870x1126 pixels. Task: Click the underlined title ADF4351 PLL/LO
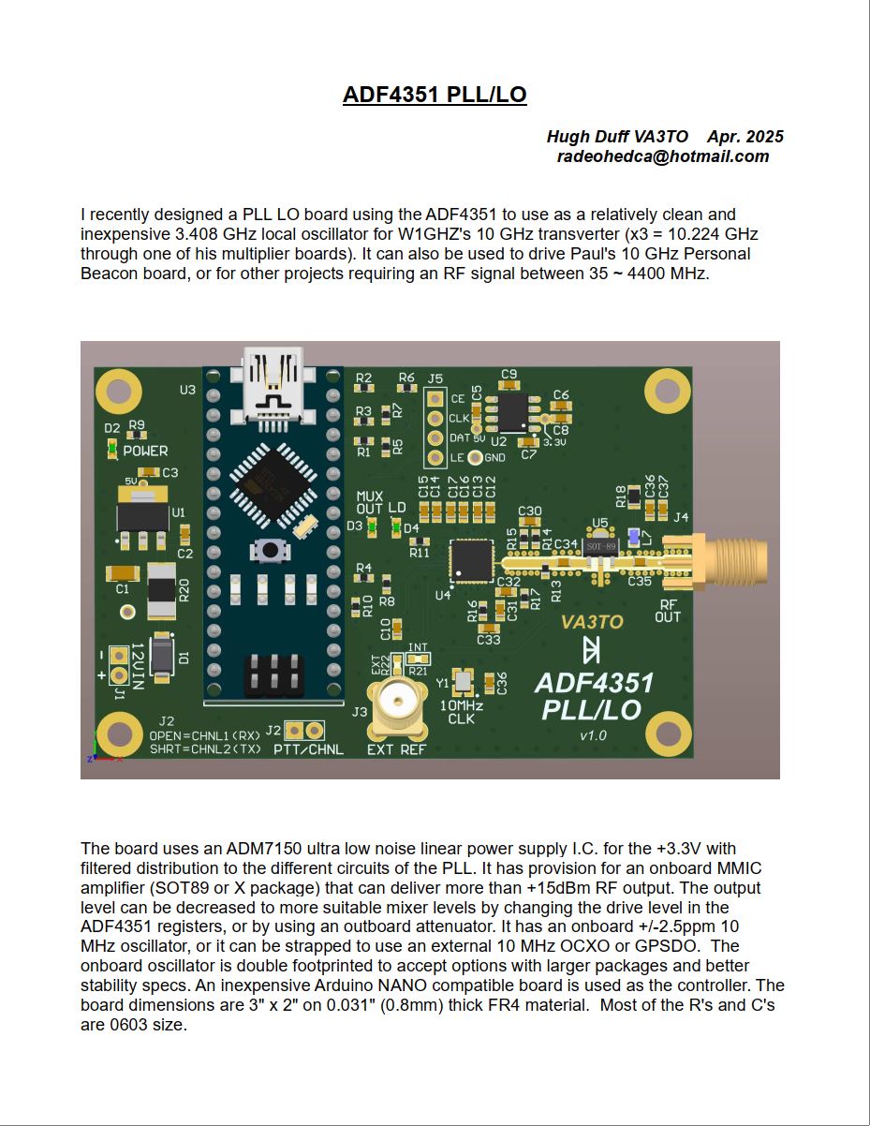pyautogui.click(x=435, y=95)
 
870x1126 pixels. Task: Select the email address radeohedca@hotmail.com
pyautogui.click(x=663, y=156)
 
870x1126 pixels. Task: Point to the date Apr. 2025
pyautogui.click(x=745, y=137)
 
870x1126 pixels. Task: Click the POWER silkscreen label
pyautogui.click(x=145, y=451)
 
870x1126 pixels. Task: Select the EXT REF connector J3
pyautogui.click(x=397, y=702)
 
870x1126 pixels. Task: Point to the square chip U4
pyautogui.click(x=472, y=559)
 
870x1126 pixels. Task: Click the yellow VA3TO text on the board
pyautogui.click(x=592, y=621)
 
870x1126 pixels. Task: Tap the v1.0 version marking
pyautogui.click(x=593, y=735)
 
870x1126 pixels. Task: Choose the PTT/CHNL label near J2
pyautogui.click(x=308, y=749)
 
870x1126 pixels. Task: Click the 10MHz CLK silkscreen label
pyautogui.click(x=461, y=712)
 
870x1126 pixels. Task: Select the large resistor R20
pyautogui.click(x=162, y=590)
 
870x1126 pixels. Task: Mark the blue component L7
pyautogui.click(x=634, y=537)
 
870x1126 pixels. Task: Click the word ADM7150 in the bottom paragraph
pyautogui.click(x=268, y=849)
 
